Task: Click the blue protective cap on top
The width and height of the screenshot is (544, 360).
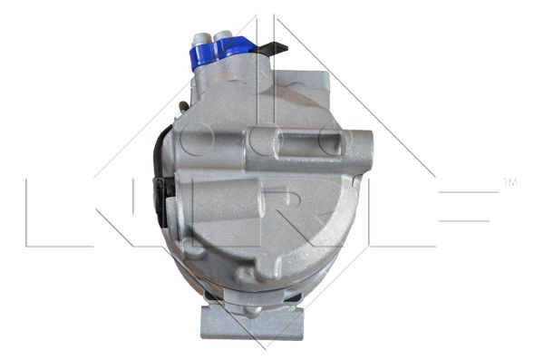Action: [222, 53]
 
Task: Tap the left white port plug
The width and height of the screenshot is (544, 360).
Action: [200, 40]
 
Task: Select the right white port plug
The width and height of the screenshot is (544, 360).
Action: [223, 37]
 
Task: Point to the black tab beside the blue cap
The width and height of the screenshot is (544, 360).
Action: [273, 47]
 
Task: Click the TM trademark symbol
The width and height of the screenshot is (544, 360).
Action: [510, 182]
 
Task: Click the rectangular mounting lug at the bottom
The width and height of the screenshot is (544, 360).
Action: [252, 323]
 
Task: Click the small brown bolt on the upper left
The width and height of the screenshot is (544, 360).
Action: [183, 106]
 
